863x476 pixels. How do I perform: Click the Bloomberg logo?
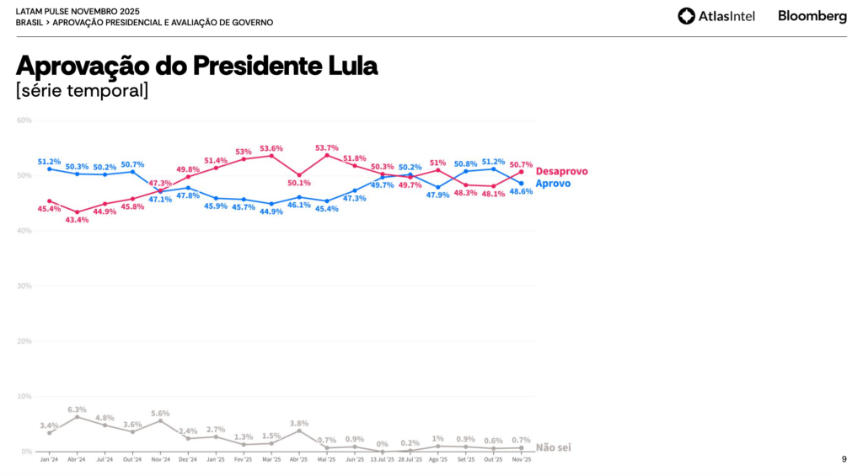tap(812, 16)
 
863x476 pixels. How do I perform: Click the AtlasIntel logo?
tap(716, 16)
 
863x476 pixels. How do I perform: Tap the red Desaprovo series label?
tap(561, 171)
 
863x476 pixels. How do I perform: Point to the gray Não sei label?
tap(553, 447)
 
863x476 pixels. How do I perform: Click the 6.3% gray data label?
tap(77, 409)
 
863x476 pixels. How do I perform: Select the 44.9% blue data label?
tap(271, 211)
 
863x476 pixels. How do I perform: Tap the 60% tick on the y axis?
tap(24, 120)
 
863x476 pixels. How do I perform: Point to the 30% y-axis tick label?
tap(24, 286)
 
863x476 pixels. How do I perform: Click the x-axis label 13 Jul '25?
tap(383, 460)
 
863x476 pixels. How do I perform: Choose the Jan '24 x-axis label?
tap(49, 460)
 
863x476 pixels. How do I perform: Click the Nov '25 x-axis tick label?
tap(522, 460)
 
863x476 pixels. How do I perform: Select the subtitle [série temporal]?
tap(82, 90)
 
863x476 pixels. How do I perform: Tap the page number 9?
tap(844, 459)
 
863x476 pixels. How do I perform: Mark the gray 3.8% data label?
tap(298, 423)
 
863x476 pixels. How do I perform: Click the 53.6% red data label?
tap(271, 148)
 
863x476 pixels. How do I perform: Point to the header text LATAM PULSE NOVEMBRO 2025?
tap(78, 11)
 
